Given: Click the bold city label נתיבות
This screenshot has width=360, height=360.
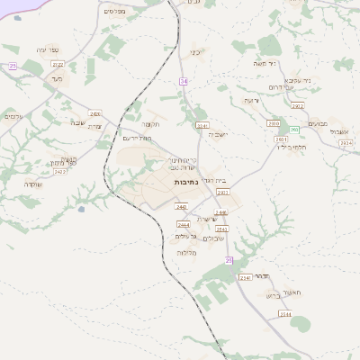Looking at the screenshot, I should coord(186,183).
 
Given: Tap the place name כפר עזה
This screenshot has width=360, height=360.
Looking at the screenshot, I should coord(49,49).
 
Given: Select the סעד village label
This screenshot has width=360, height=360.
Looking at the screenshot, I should coord(57,79).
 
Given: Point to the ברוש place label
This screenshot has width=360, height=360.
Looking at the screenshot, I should coord(274,295).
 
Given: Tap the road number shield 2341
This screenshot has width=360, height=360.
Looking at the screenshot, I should coord(202,125).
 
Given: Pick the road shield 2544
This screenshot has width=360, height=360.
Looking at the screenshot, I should coord(284,313).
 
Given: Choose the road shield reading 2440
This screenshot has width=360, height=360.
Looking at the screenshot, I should coord(182,207).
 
